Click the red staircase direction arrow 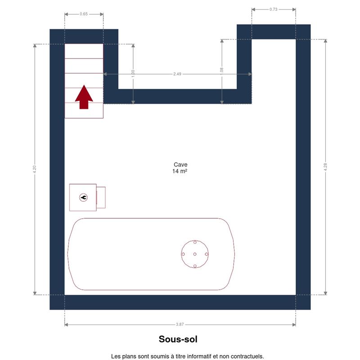pos(84,97)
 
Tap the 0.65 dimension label pos(84,14)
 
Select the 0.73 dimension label pos(273,9)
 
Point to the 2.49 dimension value pos(177,74)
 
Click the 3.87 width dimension pos(180,324)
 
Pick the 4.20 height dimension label pos(35,169)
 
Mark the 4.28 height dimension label pos(325,167)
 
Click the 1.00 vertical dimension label pos(133,74)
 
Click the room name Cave pos(180,165)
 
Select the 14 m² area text pos(180,171)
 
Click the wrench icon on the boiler pos(83,198)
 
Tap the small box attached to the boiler pos(101,198)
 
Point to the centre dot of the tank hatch pos(195,254)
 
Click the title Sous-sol pos(178,339)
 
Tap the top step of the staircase pos(84,51)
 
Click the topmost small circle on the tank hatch pos(195,242)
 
